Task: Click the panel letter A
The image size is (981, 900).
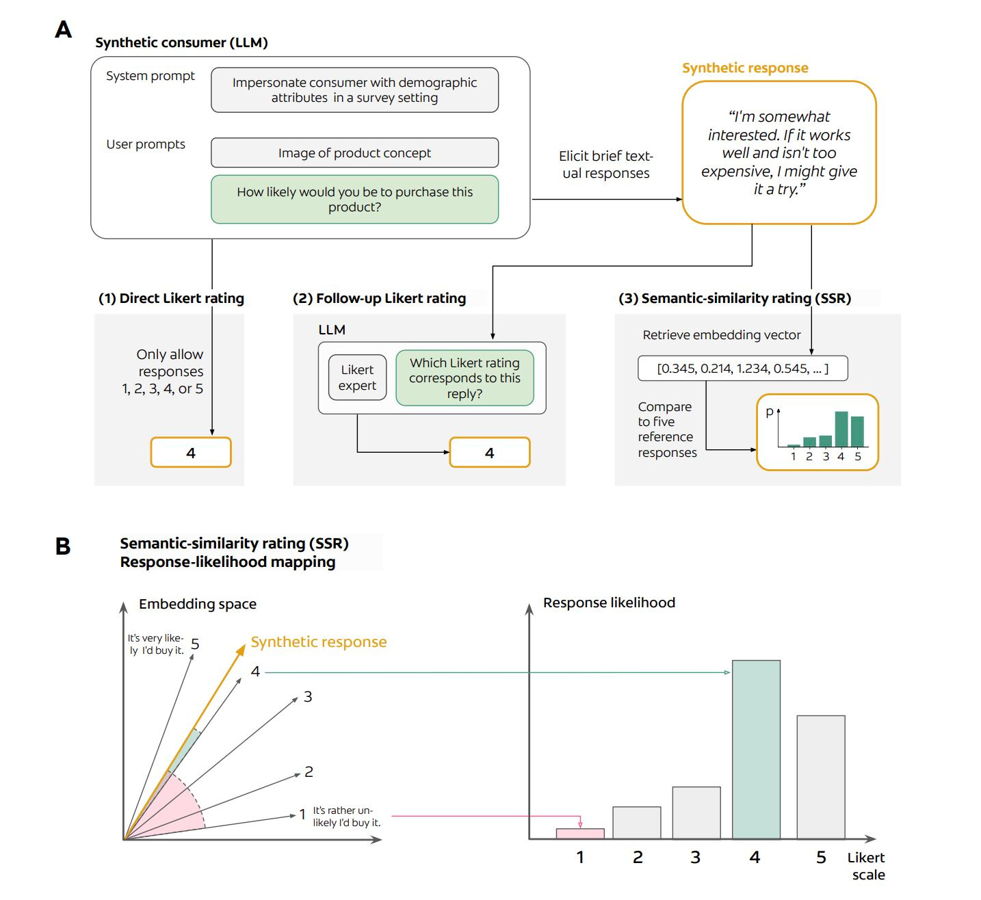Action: click(63, 29)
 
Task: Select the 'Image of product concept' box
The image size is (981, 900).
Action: click(354, 153)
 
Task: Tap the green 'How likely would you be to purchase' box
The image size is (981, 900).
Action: click(354, 199)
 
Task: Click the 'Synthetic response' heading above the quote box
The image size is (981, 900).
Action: click(745, 68)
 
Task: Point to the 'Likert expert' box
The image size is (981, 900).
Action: click(357, 378)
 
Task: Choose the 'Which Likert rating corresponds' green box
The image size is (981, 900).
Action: click(465, 378)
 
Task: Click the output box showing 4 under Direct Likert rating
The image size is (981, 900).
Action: click(191, 453)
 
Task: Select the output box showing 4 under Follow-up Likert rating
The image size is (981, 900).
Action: click(489, 453)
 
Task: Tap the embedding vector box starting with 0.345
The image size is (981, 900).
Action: click(742, 369)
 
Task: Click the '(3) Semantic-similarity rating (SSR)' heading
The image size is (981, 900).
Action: click(735, 298)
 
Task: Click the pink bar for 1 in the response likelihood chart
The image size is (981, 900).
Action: click(580, 834)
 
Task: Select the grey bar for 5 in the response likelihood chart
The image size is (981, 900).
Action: click(821, 777)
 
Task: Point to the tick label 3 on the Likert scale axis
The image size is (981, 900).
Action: click(696, 858)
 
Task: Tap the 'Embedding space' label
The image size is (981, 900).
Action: click(198, 604)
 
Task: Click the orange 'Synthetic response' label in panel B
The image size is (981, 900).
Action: click(319, 642)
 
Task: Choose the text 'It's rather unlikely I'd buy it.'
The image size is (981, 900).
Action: click(347, 817)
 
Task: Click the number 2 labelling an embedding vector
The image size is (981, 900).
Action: click(309, 772)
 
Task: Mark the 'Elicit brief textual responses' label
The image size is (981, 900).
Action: click(605, 164)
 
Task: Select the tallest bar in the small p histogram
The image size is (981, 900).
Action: click(841, 429)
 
